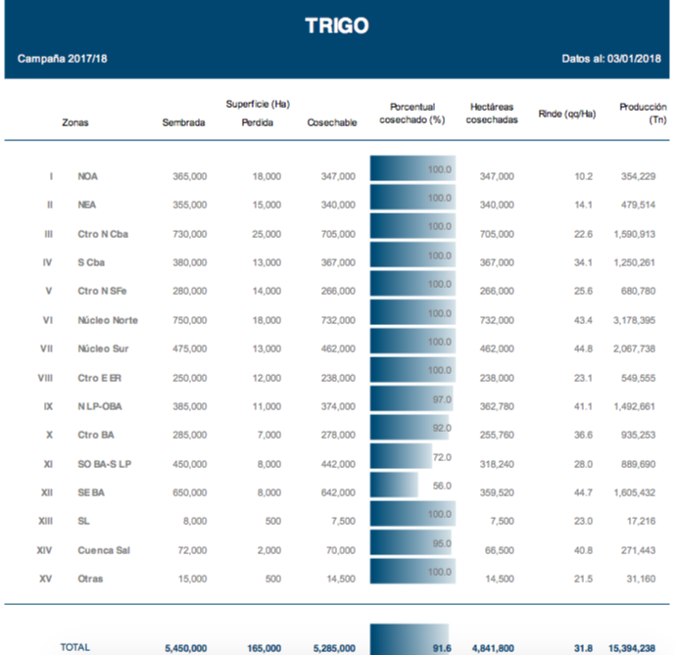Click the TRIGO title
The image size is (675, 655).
tap(336, 26)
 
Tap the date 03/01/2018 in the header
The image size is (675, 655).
tap(633, 59)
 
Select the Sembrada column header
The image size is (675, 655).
tap(184, 122)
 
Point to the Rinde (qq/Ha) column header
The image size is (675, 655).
tap(567, 114)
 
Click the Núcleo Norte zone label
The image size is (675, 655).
tap(108, 320)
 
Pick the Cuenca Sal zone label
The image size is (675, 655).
tap(104, 550)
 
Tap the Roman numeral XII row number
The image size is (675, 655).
tap(45, 492)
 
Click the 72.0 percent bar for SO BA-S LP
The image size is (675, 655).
tap(401, 457)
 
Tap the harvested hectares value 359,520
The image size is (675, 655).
tap(493, 492)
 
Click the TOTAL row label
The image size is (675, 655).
tap(75, 646)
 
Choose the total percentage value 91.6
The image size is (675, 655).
tap(440, 646)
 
